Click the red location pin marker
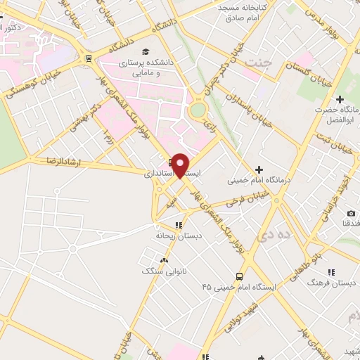(x=181, y=165)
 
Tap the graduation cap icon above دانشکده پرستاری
(x=145, y=52)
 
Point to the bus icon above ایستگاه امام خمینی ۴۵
(x=240, y=276)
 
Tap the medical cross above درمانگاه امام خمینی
(x=259, y=169)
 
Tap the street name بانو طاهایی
(x=310, y=259)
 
